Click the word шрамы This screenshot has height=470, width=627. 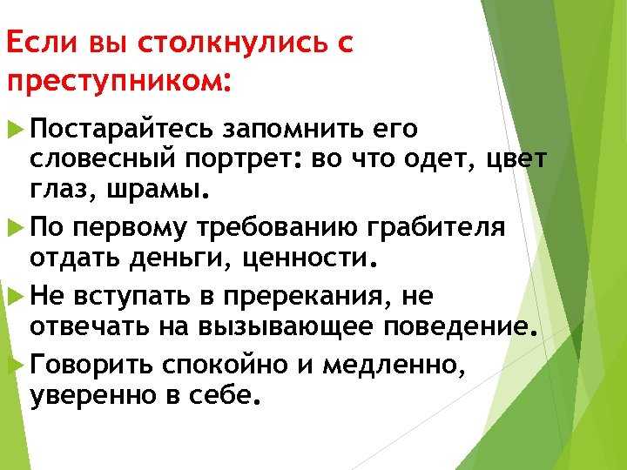158,190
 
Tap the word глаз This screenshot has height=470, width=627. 63,190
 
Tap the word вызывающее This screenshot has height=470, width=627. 286,327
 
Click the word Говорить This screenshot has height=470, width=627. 91,365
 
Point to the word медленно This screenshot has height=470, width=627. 394,365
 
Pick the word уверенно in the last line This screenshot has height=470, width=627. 93,396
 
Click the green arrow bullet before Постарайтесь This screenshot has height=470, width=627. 16,130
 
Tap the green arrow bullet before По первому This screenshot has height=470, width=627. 16,227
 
